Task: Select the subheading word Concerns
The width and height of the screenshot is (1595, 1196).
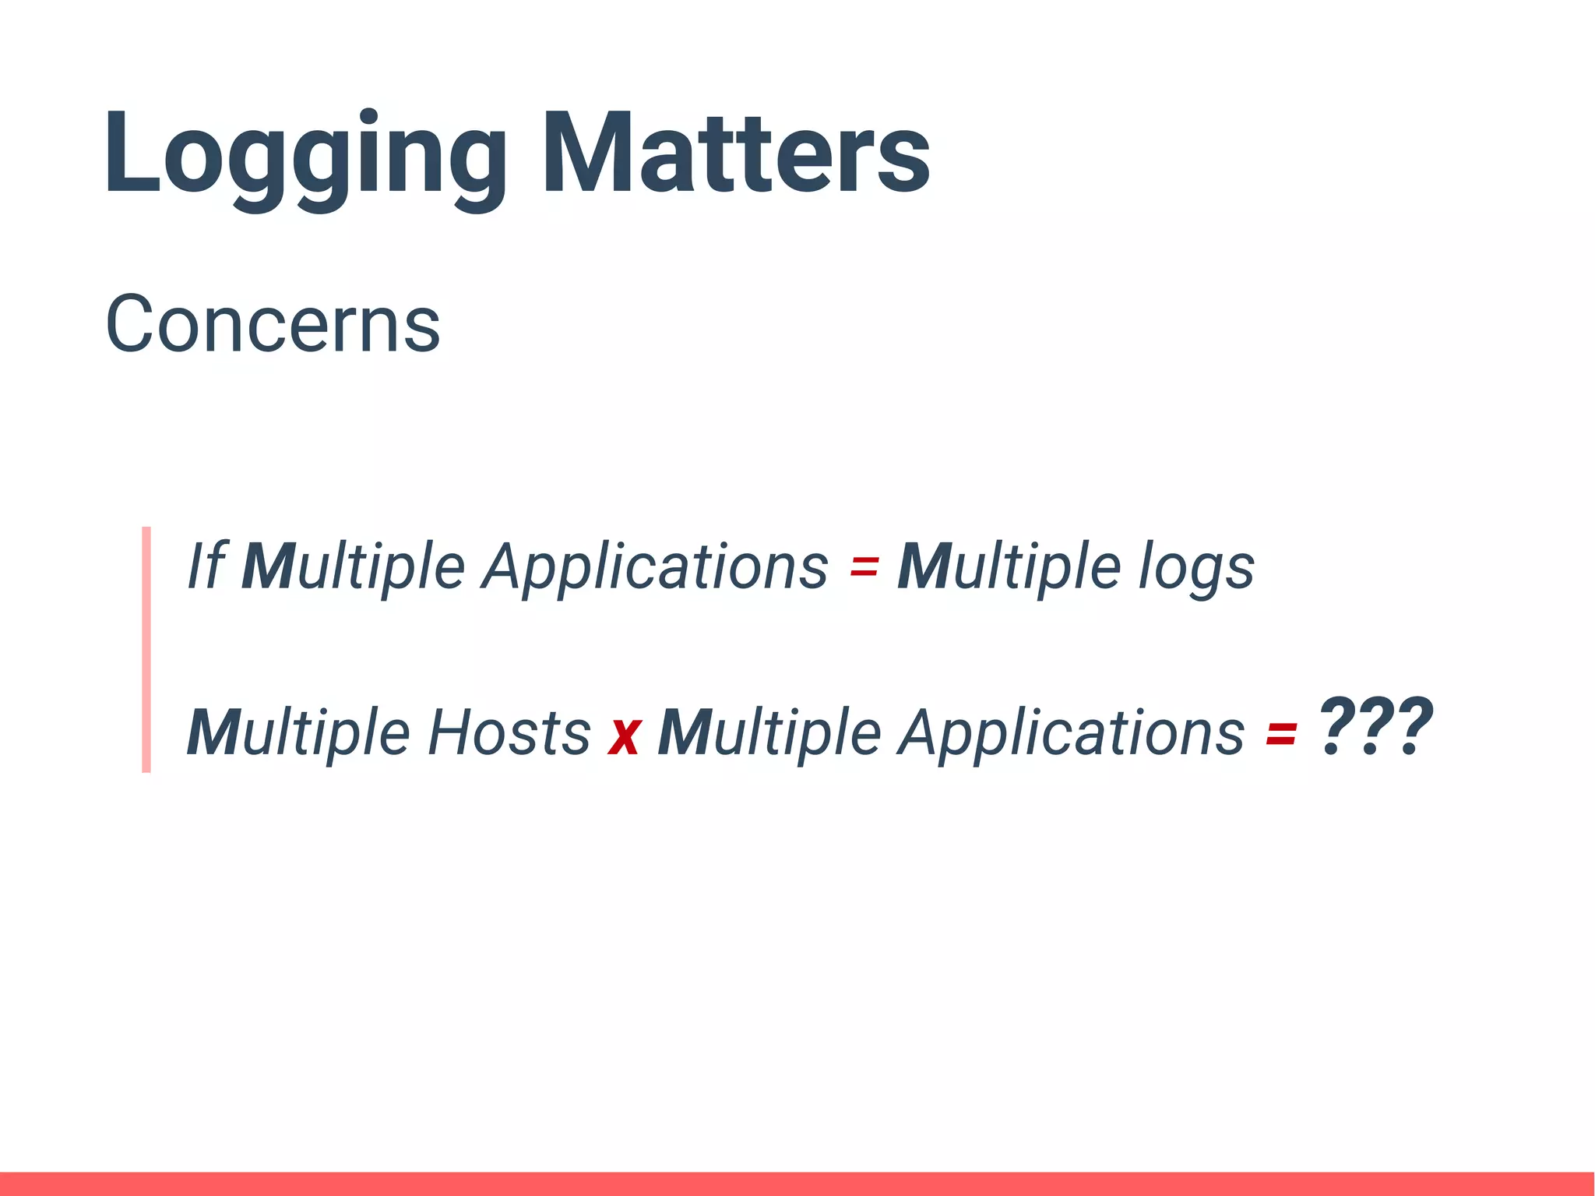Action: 273,323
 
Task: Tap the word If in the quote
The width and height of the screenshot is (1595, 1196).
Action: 206,566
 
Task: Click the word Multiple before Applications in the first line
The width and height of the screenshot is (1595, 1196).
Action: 354,566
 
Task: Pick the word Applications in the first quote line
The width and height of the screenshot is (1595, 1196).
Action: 655,566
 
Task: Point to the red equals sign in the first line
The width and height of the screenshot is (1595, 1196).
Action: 864,566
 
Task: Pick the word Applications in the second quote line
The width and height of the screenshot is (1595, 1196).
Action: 1071,732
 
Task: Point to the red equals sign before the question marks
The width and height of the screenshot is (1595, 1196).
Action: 1281,734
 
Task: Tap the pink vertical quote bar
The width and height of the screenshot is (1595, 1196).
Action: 146,649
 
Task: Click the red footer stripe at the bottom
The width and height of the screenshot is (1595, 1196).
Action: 797,1183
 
